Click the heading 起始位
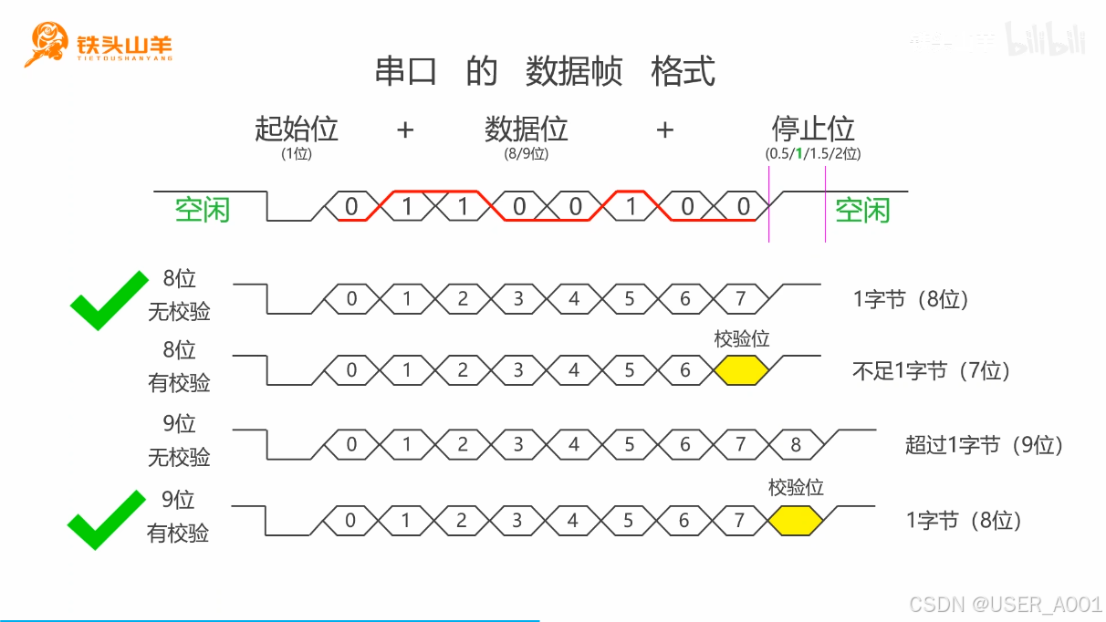297,129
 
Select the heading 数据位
527,129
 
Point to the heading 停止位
812,129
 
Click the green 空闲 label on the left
203,211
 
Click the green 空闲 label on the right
863,211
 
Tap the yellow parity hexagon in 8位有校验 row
741,370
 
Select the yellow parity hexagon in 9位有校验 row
795,521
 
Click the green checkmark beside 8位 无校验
108,300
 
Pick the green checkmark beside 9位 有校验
107,520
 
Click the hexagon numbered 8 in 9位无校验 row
796,445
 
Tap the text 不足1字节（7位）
931,371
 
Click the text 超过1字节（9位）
985,445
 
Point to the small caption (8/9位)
527,154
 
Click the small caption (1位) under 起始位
297,154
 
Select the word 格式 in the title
683,71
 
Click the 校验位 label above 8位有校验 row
742,339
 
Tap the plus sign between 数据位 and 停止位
665,130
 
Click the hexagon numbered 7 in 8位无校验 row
740,298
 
